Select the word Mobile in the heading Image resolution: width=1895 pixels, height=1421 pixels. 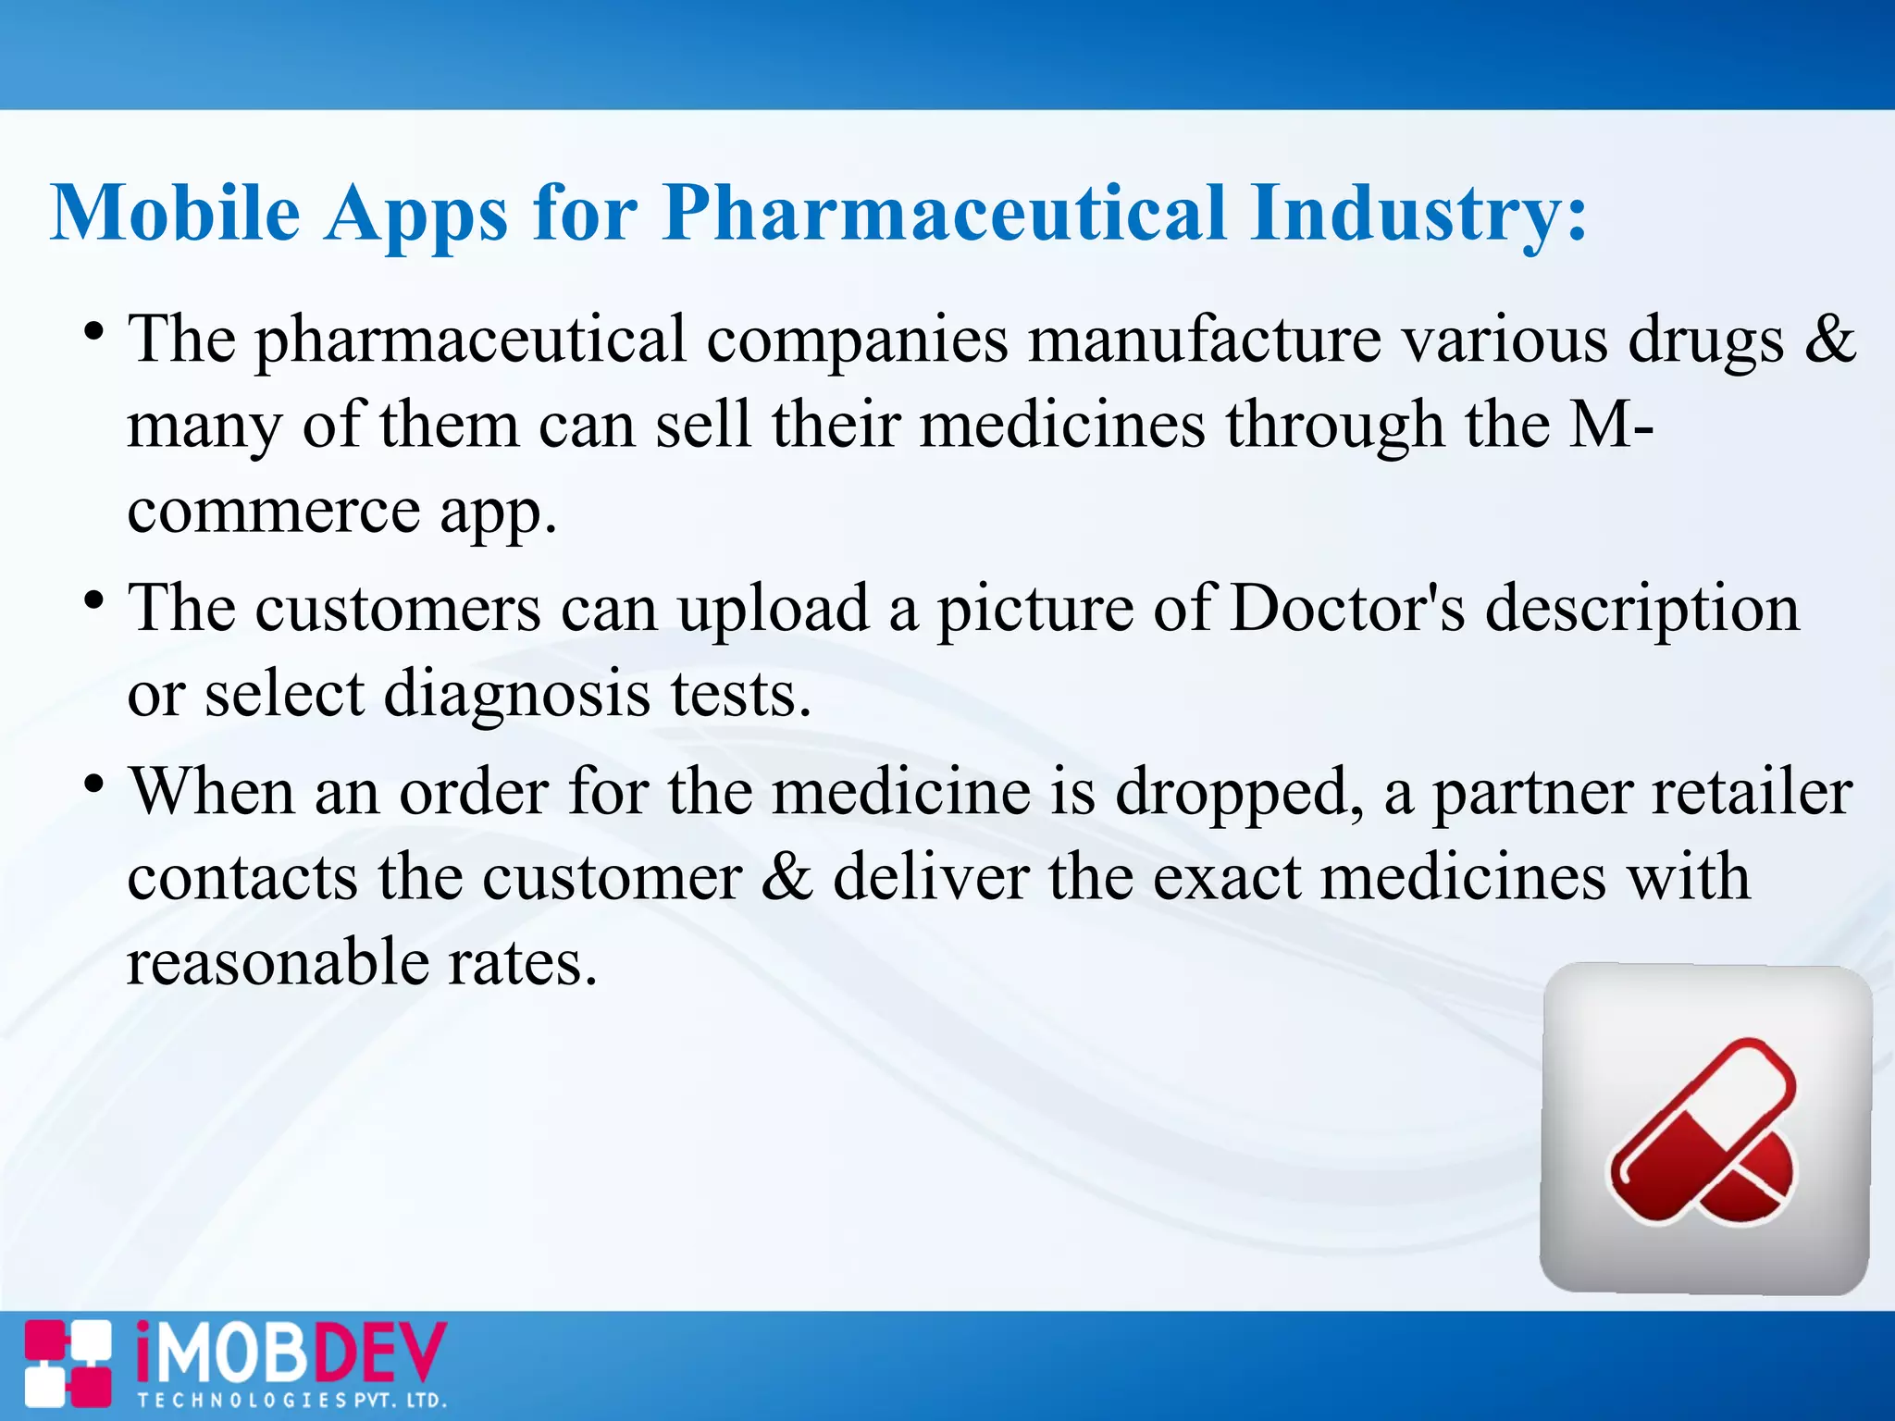coord(176,213)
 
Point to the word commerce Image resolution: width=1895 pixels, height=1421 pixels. coord(274,512)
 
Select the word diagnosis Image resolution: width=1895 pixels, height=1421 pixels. coord(517,694)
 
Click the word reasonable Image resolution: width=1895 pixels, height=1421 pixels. coord(278,962)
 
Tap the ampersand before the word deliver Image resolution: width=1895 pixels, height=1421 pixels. coord(786,877)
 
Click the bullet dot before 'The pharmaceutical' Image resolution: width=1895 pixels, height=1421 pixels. coord(93,331)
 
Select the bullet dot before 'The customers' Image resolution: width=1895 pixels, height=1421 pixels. coord(93,601)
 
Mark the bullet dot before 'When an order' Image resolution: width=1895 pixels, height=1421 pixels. coord(93,785)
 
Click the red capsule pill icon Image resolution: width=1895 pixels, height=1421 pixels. coord(1703,1130)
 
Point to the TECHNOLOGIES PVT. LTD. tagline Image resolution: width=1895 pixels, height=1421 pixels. coord(292,1401)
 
